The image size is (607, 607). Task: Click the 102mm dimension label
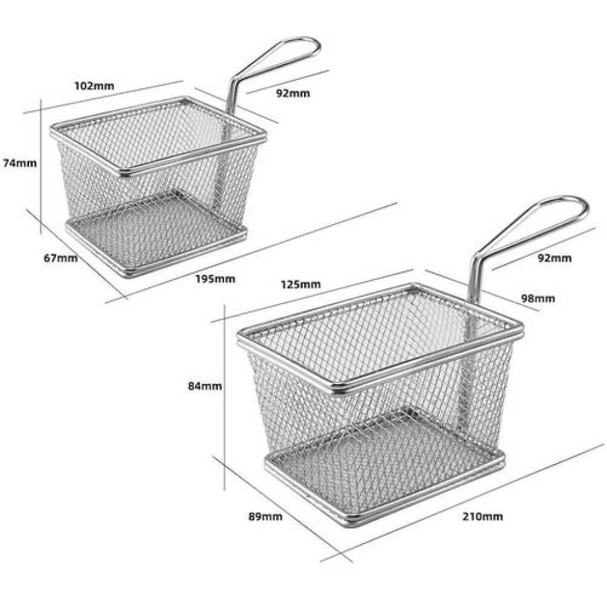[x=94, y=85]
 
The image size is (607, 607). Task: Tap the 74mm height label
[x=20, y=164]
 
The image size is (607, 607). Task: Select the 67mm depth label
[x=61, y=258]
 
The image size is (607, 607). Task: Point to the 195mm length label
[x=215, y=279]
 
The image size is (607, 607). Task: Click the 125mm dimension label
[x=301, y=285]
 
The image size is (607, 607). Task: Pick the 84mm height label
[x=205, y=386]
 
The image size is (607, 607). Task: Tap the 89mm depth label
[x=266, y=516]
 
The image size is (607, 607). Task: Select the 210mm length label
[x=483, y=516]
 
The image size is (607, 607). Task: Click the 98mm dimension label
[x=538, y=299]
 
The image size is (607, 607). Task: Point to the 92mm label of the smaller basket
[x=293, y=93]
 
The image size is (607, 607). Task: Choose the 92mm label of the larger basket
[x=555, y=258]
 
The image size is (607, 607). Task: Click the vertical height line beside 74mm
[x=41, y=167]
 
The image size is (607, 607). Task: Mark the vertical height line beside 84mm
[x=225, y=398]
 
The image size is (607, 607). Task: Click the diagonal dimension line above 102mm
[x=103, y=97]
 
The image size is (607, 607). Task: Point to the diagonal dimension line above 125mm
[x=313, y=296]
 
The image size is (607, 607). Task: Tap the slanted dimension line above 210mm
[x=462, y=502]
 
